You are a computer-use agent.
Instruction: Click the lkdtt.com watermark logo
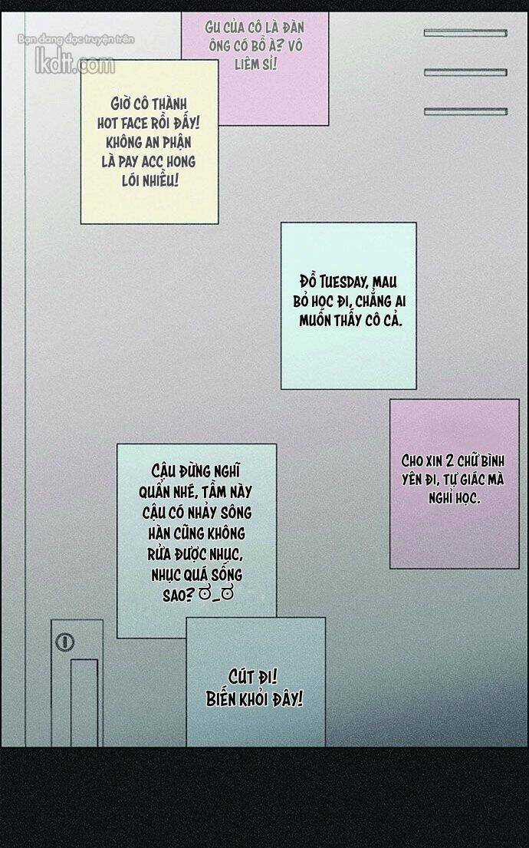point(75,64)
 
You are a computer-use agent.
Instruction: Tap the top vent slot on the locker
point(465,33)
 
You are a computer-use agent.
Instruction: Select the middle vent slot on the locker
point(465,72)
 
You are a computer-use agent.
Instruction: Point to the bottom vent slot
point(465,112)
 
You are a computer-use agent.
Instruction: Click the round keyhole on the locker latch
point(65,642)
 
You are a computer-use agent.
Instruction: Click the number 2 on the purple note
point(449,460)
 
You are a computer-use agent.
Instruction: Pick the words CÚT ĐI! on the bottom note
point(253,676)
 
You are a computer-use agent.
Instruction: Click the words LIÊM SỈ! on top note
point(255,64)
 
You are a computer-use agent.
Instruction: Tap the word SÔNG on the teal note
point(235,512)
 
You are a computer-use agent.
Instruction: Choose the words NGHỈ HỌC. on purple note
point(454,497)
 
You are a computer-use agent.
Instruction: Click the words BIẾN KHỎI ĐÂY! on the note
point(255,698)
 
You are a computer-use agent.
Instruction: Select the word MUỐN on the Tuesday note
point(315,320)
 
